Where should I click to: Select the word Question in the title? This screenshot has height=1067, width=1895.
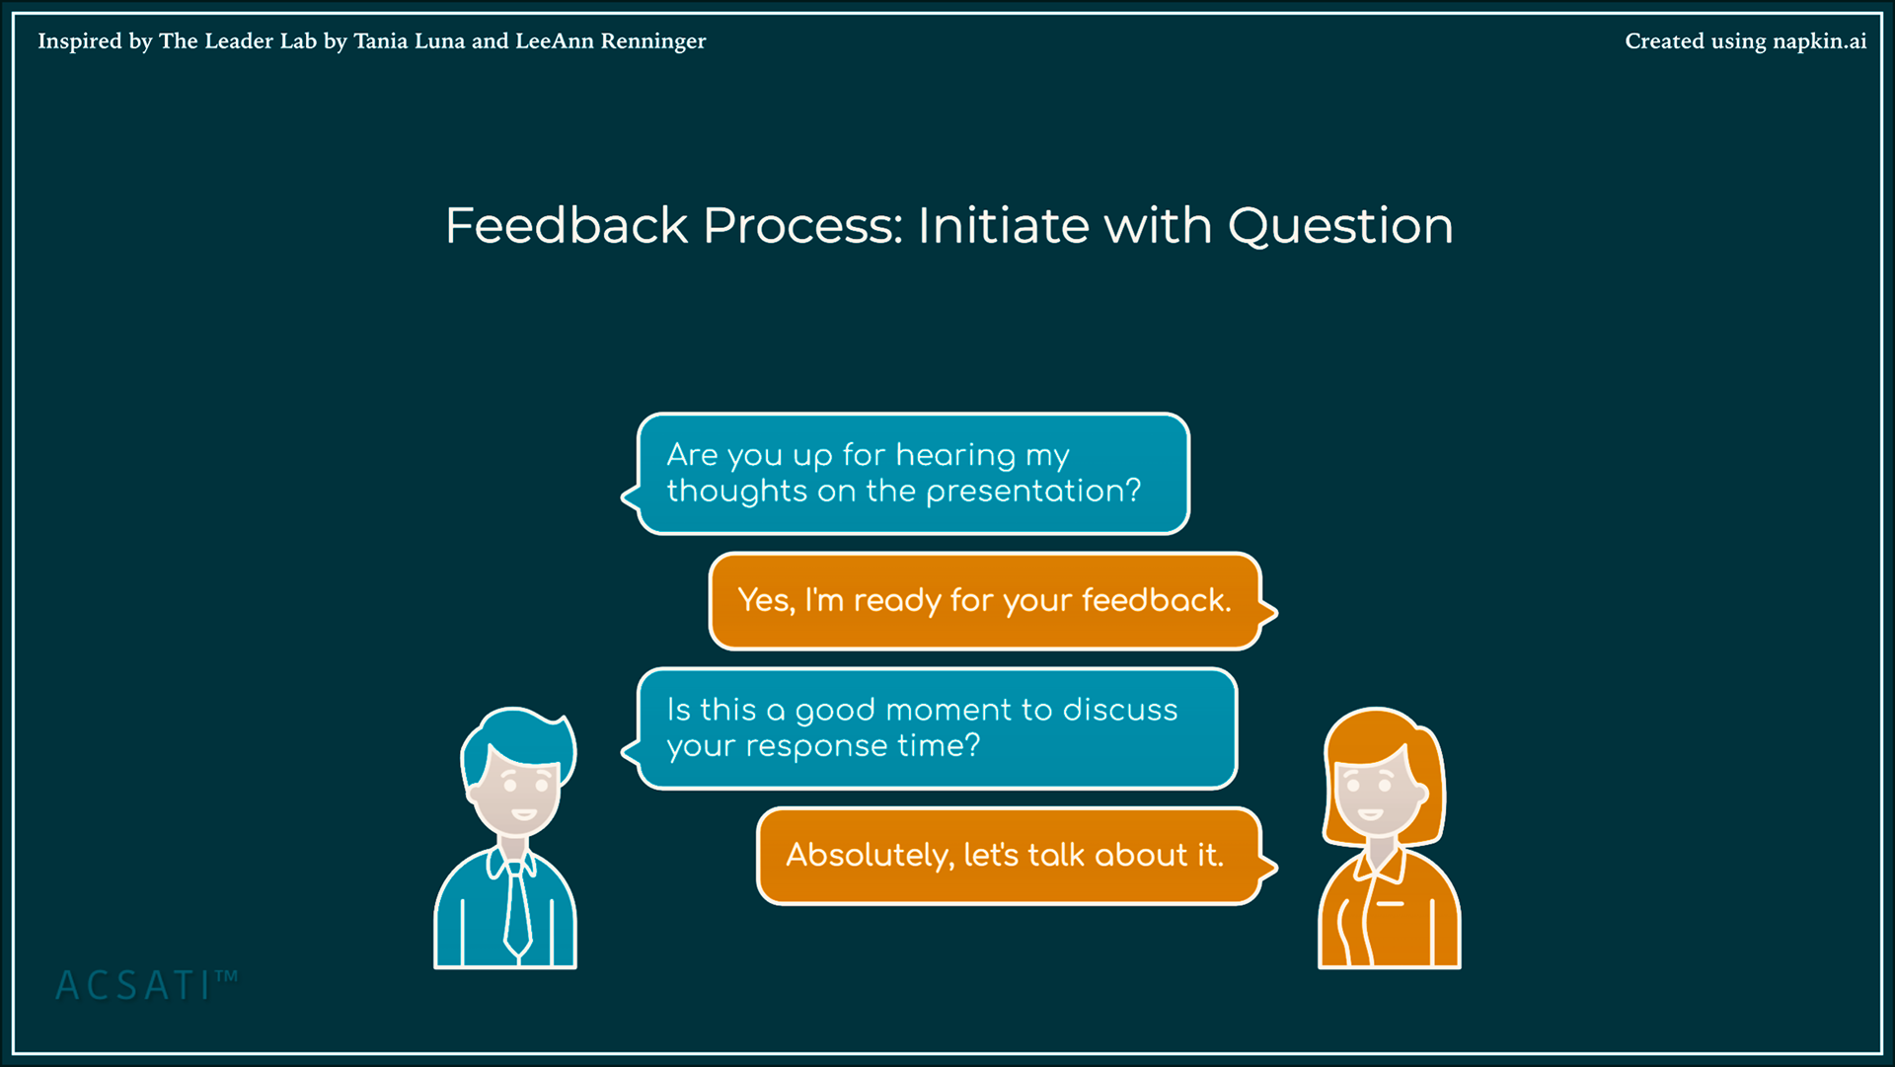[1340, 228]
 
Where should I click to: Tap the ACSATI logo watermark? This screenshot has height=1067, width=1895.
[146, 985]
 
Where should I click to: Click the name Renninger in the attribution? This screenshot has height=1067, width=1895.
[653, 41]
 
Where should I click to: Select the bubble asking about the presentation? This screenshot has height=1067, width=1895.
[906, 474]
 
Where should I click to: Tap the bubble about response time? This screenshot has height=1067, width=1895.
[930, 728]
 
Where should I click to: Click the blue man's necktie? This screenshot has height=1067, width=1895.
[516, 909]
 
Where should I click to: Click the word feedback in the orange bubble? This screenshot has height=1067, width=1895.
[1156, 600]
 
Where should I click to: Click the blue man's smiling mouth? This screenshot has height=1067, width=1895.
[523, 814]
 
